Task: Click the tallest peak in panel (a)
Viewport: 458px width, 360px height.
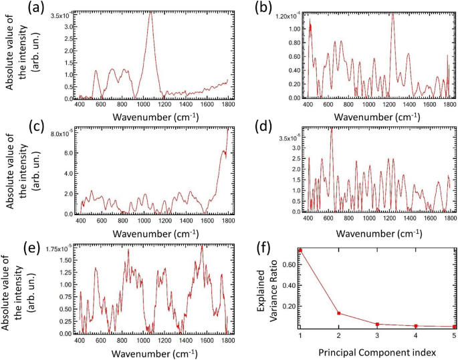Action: pos(150,11)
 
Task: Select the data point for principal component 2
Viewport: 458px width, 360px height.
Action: pos(339,313)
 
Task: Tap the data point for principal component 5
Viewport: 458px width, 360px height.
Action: pos(455,327)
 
